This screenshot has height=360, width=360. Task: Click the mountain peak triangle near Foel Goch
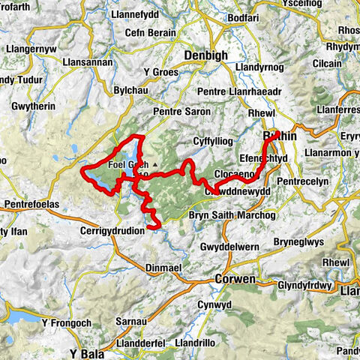click(x=155, y=163)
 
